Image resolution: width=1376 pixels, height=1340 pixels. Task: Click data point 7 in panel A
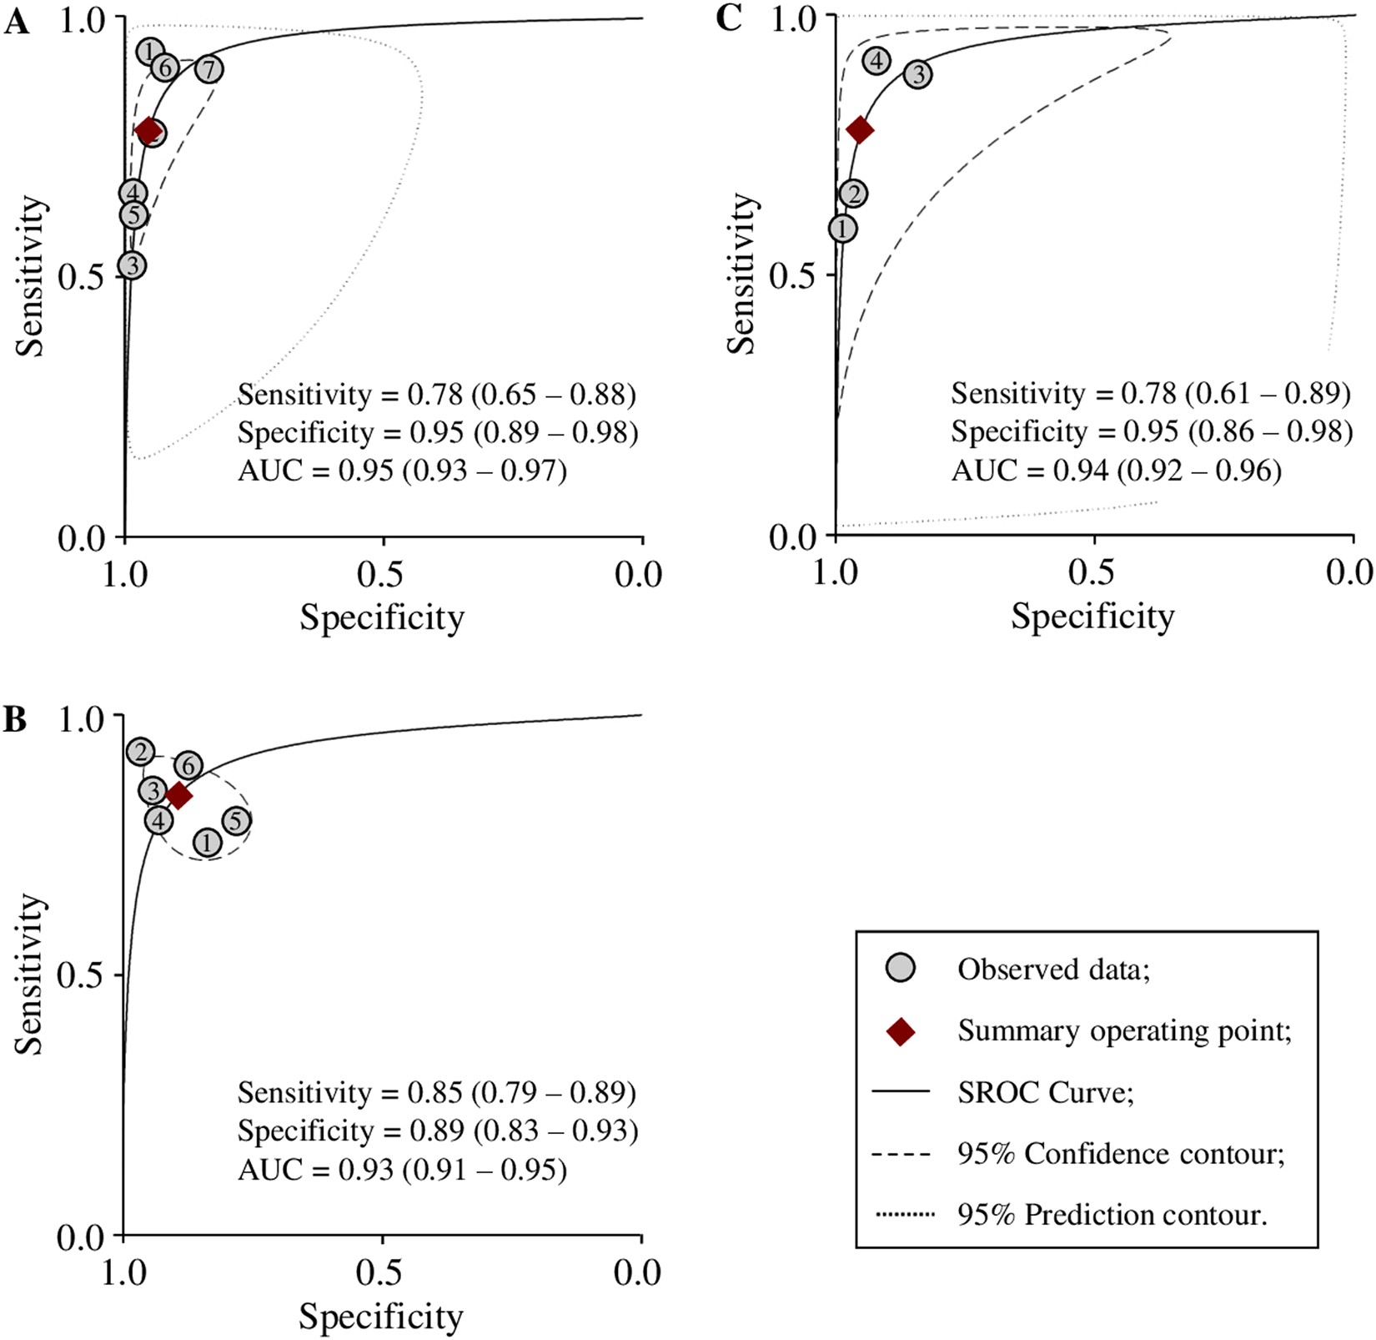(209, 69)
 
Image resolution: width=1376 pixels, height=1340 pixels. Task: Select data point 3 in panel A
(132, 265)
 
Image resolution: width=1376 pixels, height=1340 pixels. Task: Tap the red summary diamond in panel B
(178, 796)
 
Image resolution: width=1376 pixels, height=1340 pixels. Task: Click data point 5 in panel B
(237, 821)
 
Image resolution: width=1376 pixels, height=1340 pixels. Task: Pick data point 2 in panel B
(141, 752)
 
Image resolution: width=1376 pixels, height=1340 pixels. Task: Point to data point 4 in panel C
(876, 61)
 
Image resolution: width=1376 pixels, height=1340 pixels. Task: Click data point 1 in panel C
(842, 229)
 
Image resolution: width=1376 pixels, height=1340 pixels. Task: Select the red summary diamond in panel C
(860, 129)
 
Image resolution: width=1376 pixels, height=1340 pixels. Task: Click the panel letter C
(728, 19)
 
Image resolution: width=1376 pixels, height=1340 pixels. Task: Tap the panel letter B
(15, 718)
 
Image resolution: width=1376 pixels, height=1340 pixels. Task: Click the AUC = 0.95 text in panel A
(402, 471)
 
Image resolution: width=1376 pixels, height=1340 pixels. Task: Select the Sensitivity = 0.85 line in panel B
(436, 1092)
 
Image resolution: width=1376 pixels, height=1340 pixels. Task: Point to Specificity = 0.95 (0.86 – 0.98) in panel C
(1152, 432)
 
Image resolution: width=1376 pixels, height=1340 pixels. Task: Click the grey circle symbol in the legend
(901, 968)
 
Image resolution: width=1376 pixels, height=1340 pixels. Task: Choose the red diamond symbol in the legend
(901, 1031)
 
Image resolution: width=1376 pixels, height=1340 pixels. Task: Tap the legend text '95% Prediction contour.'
(1112, 1215)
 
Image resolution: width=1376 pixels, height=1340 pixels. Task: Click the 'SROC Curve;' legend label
(1046, 1092)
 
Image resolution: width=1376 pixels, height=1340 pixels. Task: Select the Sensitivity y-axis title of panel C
(741, 275)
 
